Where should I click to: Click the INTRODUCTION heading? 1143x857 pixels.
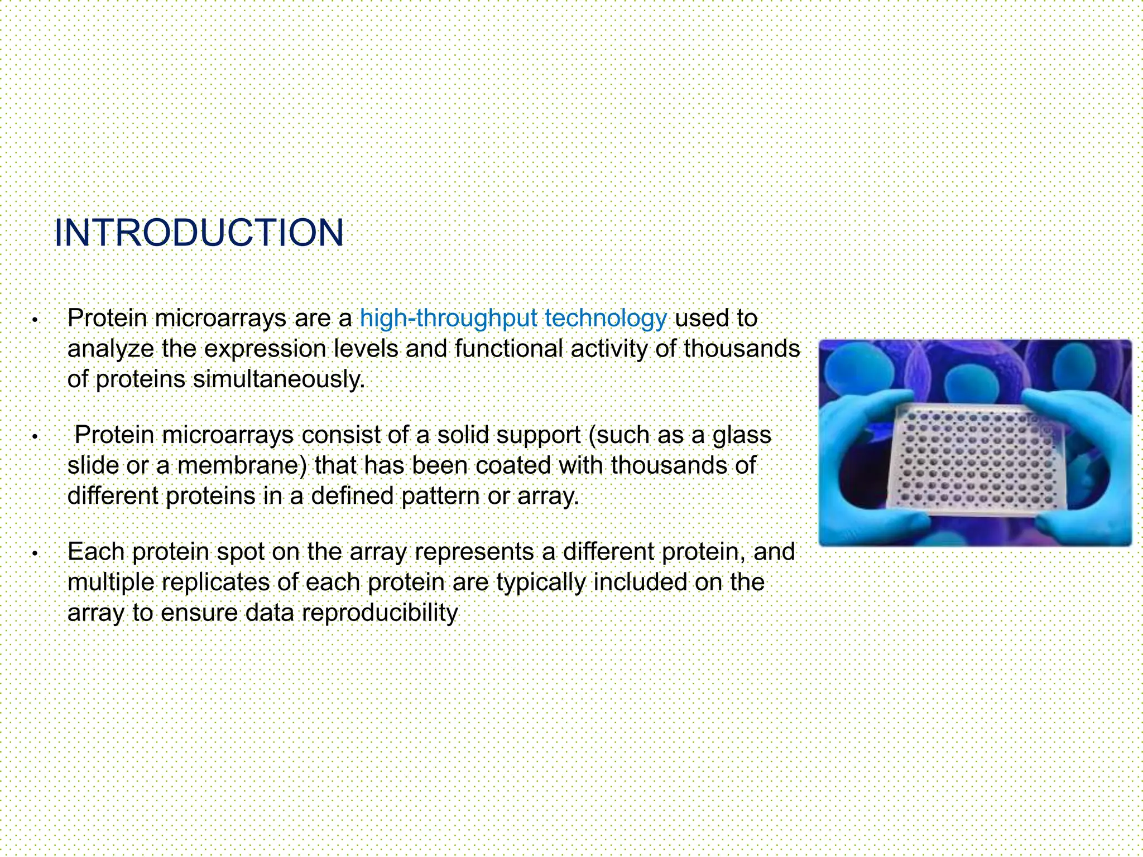click(199, 233)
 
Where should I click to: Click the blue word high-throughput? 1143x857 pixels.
click(449, 319)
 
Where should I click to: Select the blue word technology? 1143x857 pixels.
click(606, 319)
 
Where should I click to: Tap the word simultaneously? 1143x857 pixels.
click(278, 379)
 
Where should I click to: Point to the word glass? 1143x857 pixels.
click(742, 435)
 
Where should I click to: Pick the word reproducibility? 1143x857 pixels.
click(380, 613)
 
